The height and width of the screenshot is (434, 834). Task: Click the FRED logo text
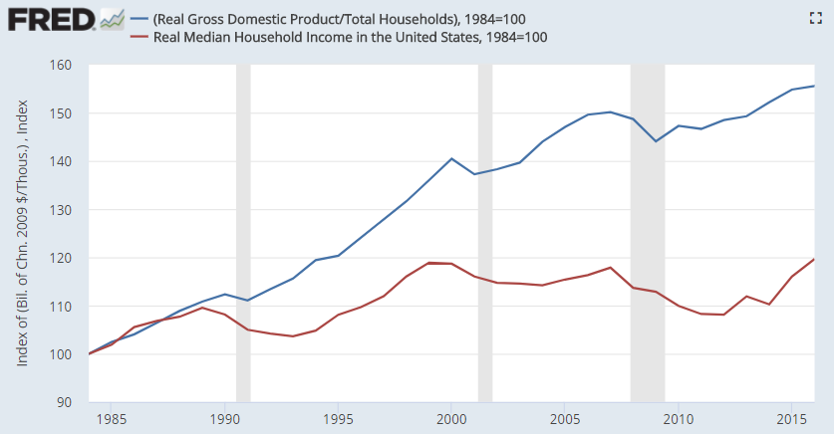[x=50, y=20]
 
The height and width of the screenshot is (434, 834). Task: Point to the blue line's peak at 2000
[x=451, y=158]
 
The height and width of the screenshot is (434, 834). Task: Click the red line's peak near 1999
[x=429, y=263]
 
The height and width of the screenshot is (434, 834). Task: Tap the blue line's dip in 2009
[x=656, y=141]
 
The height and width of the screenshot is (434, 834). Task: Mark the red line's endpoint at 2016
[x=814, y=259]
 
